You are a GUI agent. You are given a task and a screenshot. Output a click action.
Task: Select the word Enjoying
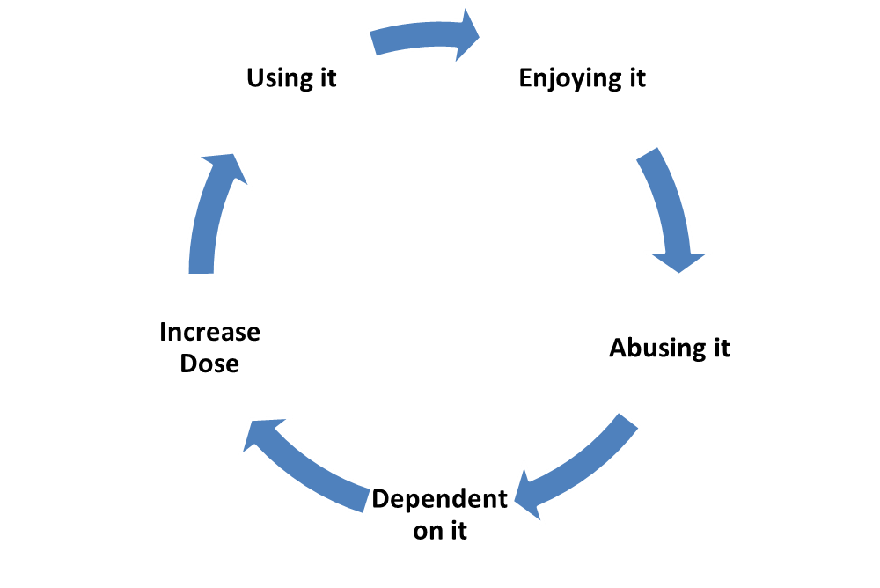(569, 78)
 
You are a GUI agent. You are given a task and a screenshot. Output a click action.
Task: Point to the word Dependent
(439, 499)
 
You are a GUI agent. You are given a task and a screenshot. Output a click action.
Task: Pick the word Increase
(210, 333)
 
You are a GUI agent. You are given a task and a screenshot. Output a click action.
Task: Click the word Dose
(210, 364)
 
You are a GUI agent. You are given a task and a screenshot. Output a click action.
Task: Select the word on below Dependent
(427, 532)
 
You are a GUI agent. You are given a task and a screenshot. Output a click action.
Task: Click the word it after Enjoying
(637, 77)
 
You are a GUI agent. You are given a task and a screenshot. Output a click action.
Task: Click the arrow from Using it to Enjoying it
(425, 34)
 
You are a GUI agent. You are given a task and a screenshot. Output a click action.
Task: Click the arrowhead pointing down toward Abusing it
(678, 263)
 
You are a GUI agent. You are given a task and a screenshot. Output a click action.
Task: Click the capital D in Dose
(189, 364)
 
